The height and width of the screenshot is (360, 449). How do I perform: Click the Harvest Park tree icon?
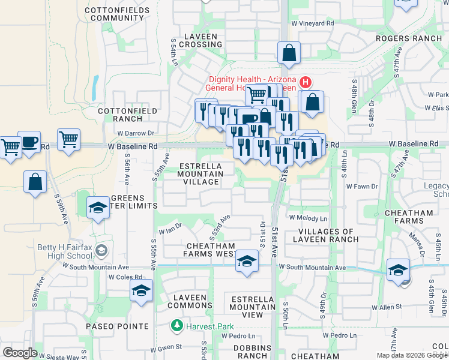176,326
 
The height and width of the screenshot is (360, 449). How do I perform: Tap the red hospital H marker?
305,82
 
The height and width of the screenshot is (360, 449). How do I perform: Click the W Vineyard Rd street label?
312,23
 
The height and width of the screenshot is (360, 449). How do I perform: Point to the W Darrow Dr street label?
136,133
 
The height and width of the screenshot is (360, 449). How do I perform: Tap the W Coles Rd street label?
125,277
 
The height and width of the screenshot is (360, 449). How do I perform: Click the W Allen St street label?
387,307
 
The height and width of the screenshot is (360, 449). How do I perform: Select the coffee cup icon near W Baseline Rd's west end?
29,143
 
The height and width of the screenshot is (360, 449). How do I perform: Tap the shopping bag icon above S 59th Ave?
35,181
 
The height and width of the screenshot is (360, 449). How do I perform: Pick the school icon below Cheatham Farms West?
246,261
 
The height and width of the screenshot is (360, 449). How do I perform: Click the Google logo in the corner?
20,353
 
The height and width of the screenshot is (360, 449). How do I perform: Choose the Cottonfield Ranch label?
127,115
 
